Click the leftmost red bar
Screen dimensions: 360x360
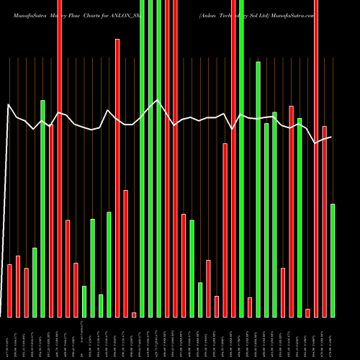click(x=9, y=291)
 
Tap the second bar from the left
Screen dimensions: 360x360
click(x=18, y=287)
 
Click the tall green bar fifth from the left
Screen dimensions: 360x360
click(x=42, y=209)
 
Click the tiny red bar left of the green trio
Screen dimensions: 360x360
click(x=134, y=315)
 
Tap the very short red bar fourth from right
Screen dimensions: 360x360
click(x=307, y=312)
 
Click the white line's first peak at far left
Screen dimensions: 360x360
click(x=9, y=105)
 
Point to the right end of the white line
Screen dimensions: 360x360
click(x=331, y=137)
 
